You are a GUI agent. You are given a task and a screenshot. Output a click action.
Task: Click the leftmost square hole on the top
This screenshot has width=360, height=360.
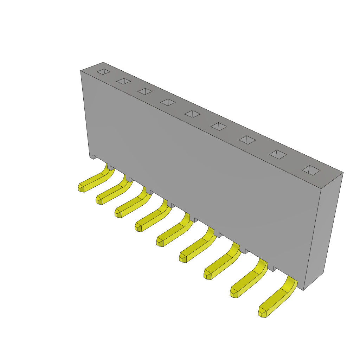103,72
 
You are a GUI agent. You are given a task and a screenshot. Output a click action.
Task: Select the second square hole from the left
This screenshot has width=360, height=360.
123,81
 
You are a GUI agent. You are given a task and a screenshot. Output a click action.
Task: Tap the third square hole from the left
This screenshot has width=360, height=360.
145,91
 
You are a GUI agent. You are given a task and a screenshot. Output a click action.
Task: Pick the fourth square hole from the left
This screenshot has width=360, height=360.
168,102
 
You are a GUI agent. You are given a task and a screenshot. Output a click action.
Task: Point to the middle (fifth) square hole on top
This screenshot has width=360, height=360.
192,114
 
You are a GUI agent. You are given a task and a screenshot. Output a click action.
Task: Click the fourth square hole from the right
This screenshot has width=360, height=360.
219,127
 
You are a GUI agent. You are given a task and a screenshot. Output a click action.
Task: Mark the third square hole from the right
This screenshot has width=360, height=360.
247,140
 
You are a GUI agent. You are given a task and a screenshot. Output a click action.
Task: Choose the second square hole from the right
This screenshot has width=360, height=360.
278,155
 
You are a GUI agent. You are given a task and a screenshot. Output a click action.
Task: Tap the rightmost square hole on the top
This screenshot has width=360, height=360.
311,170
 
